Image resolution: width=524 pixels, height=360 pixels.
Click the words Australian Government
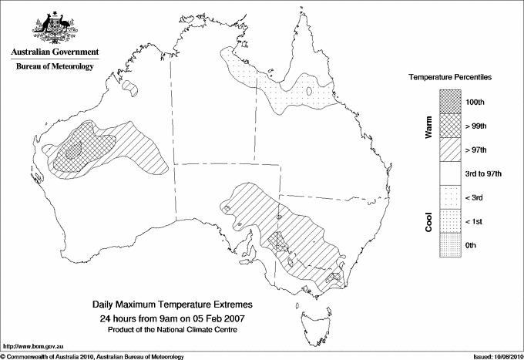[55, 52]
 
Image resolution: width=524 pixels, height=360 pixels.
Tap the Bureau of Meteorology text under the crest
[55, 66]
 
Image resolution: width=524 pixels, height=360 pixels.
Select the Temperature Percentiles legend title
[451, 78]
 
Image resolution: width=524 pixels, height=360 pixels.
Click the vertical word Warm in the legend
[428, 127]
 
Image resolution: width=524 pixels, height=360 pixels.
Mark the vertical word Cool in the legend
[428, 221]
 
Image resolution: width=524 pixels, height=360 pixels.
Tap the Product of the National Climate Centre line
[172, 329]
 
